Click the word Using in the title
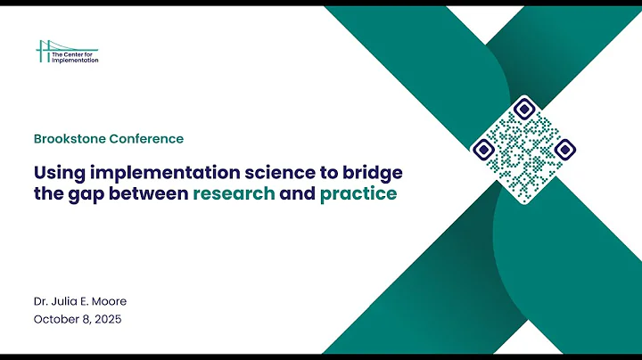(x=59, y=170)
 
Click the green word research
(x=234, y=193)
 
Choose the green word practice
(x=358, y=193)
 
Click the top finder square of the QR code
(x=524, y=110)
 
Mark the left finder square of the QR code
(x=484, y=149)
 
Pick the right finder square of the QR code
(x=564, y=149)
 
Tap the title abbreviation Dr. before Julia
(x=41, y=300)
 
